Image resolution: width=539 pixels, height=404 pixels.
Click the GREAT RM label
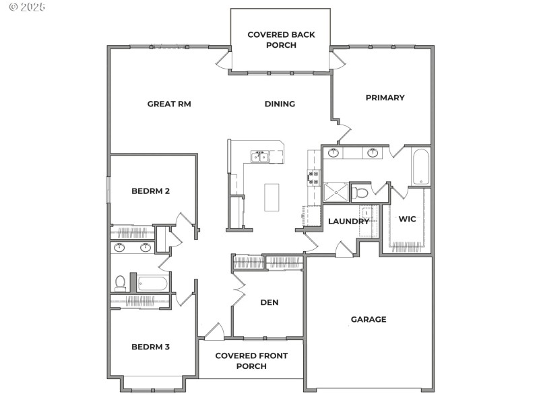(169, 104)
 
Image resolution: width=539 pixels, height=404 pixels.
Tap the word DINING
(280, 104)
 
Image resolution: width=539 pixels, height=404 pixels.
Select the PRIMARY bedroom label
(385, 98)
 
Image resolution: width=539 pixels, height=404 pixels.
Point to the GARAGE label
(369, 319)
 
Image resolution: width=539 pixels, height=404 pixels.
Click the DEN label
(269, 302)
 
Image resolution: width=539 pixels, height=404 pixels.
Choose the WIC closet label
(407, 219)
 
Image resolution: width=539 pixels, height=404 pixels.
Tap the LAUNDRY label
(348, 222)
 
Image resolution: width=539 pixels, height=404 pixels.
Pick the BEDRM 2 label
(150, 191)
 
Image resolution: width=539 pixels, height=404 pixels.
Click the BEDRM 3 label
(150, 347)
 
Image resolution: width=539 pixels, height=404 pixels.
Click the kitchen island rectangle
(272, 197)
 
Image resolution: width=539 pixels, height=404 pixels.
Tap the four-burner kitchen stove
(314, 177)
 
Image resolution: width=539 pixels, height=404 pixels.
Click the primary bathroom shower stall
(336, 193)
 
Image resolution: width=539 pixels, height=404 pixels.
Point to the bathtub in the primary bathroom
(420, 166)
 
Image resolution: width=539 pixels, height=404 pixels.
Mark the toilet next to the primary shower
(361, 193)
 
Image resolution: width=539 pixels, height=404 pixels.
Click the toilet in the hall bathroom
(120, 283)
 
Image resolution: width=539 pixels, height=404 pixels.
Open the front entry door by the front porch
(214, 331)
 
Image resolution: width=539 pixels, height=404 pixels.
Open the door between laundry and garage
(344, 249)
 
